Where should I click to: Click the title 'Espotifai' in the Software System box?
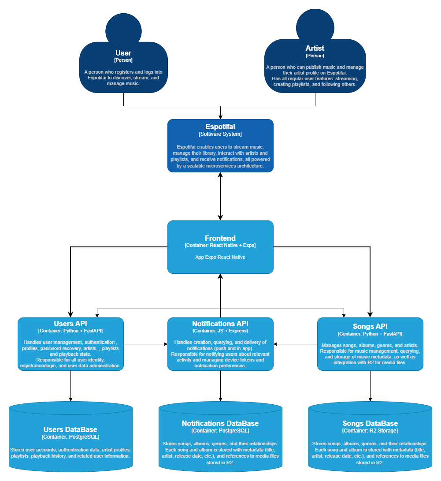[220, 127]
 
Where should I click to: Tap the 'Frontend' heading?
[220, 238]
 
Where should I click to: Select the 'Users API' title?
[70, 324]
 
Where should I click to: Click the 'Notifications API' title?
[220, 324]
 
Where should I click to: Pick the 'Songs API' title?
[370, 327]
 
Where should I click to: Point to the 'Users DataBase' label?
[70, 429]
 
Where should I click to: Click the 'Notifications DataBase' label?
[220, 423]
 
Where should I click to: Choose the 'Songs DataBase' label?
[370, 423]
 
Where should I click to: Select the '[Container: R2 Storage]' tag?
[370, 430]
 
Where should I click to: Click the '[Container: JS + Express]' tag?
[220, 331]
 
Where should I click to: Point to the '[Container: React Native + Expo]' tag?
[220, 245]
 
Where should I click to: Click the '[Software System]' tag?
[220, 134]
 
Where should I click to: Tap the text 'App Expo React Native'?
[220, 257]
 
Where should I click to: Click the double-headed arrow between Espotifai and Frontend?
[220, 196]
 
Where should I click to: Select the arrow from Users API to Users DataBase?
[70, 386]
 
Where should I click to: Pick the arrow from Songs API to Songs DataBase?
[370, 386]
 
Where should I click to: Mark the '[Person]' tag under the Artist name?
[315, 56]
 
